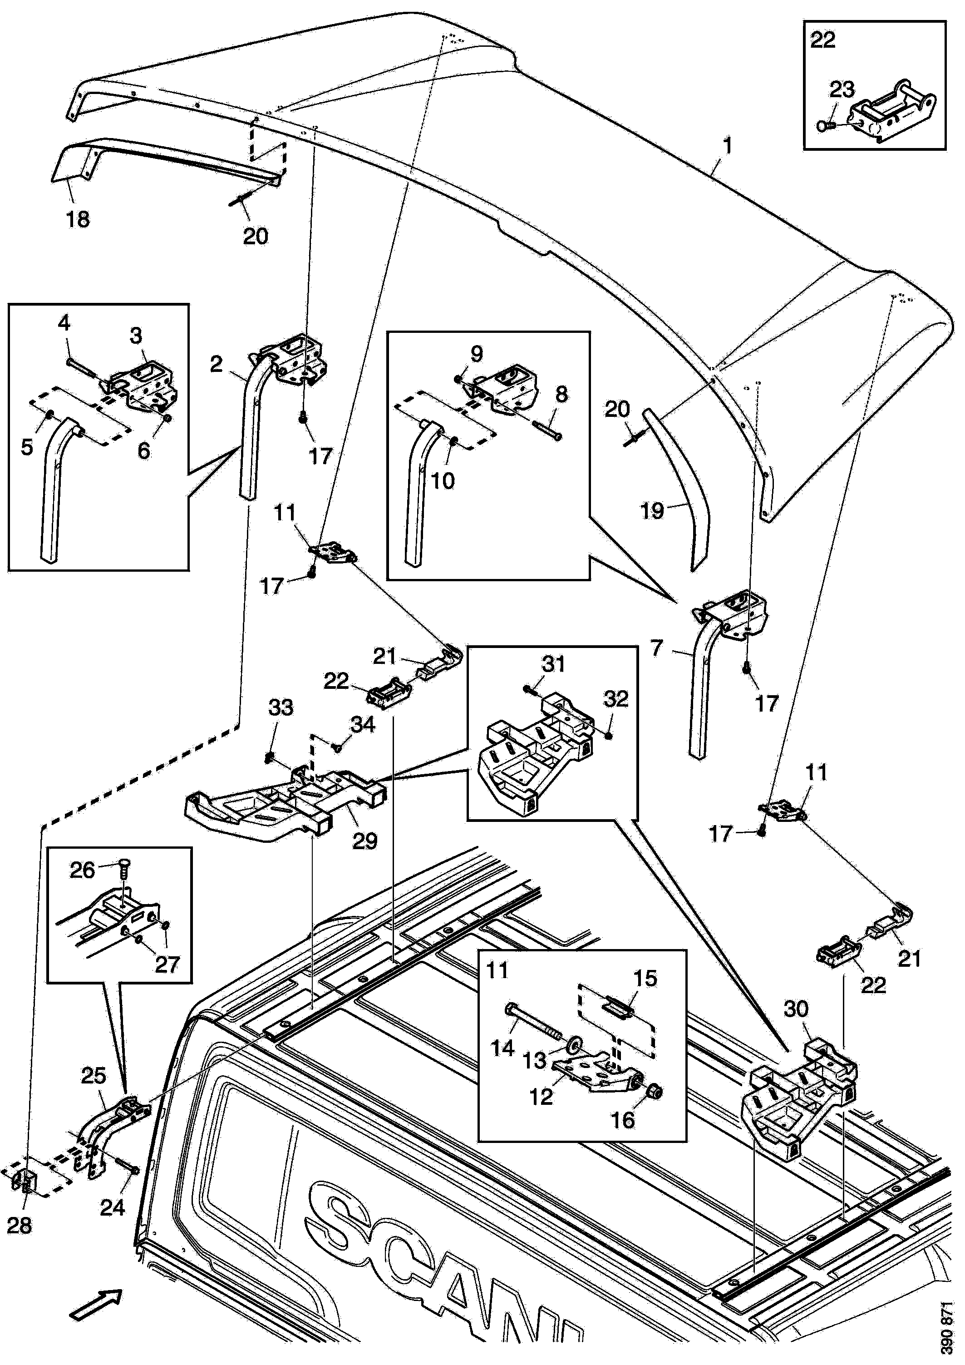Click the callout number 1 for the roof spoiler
coord(727,146)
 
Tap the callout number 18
coord(77,219)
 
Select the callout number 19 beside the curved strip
coord(652,510)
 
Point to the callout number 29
coord(364,841)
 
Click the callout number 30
coord(796,1009)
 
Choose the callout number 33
coord(281,707)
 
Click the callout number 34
coord(363,724)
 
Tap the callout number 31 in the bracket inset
coord(553,663)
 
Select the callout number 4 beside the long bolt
coord(64,323)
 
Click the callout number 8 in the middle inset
coord(561,394)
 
